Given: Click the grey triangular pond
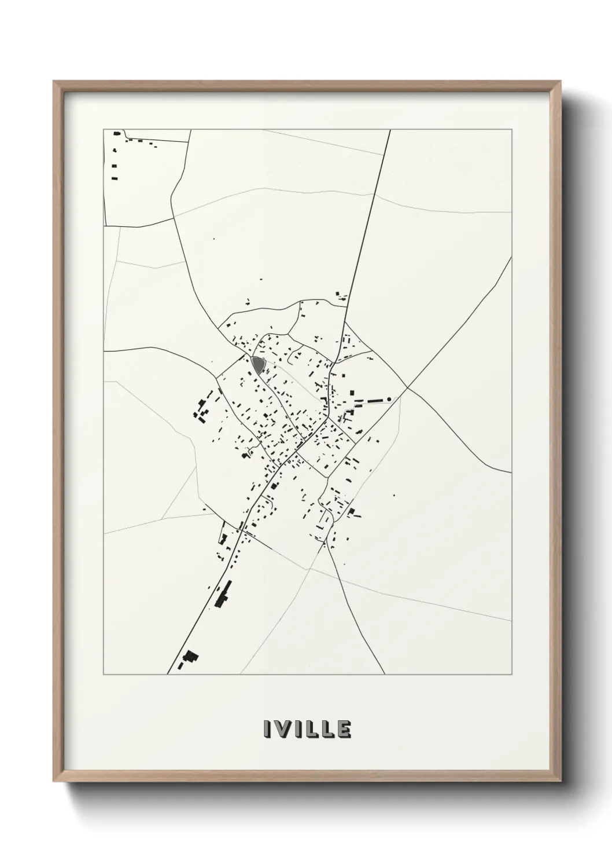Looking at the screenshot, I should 257,364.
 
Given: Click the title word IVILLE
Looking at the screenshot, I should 307,730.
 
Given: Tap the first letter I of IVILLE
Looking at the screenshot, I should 267,730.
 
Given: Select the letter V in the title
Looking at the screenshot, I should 280,730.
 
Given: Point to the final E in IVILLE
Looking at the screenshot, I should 344,730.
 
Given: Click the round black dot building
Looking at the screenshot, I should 389,398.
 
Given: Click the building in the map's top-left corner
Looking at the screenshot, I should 117,134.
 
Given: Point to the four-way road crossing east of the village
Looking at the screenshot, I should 407,388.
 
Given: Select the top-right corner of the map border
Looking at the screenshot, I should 511,129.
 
